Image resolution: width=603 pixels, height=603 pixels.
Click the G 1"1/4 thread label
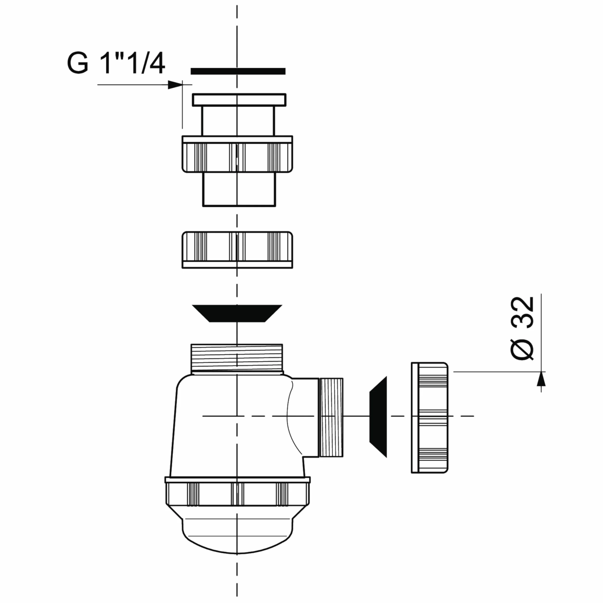(x=116, y=63)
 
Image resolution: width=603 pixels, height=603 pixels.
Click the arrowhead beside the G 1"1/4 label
(x=175, y=85)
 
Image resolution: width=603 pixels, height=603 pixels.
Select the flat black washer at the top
(x=238, y=71)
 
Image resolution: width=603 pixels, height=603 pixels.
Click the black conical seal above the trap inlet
(x=237, y=313)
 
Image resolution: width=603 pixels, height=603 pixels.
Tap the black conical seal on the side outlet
(x=378, y=416)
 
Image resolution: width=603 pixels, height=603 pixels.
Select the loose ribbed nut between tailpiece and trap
(x=237, y=250)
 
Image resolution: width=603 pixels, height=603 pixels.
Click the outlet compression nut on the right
(x=430, y=418)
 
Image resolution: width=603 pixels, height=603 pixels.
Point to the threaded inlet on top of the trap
(x=237, y=359)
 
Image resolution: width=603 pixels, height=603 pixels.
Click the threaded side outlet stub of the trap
(x=331, y=418)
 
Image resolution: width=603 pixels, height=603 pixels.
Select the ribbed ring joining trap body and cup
(x=238, y=491)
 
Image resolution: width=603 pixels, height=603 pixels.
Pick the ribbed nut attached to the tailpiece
(x=237, y=154)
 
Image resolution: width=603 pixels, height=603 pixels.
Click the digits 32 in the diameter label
(x=522, y=312)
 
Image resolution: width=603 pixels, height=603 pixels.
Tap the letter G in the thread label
(x=78, y=63)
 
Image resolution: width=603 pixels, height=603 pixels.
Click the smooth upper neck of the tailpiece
(x=238, y=121)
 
